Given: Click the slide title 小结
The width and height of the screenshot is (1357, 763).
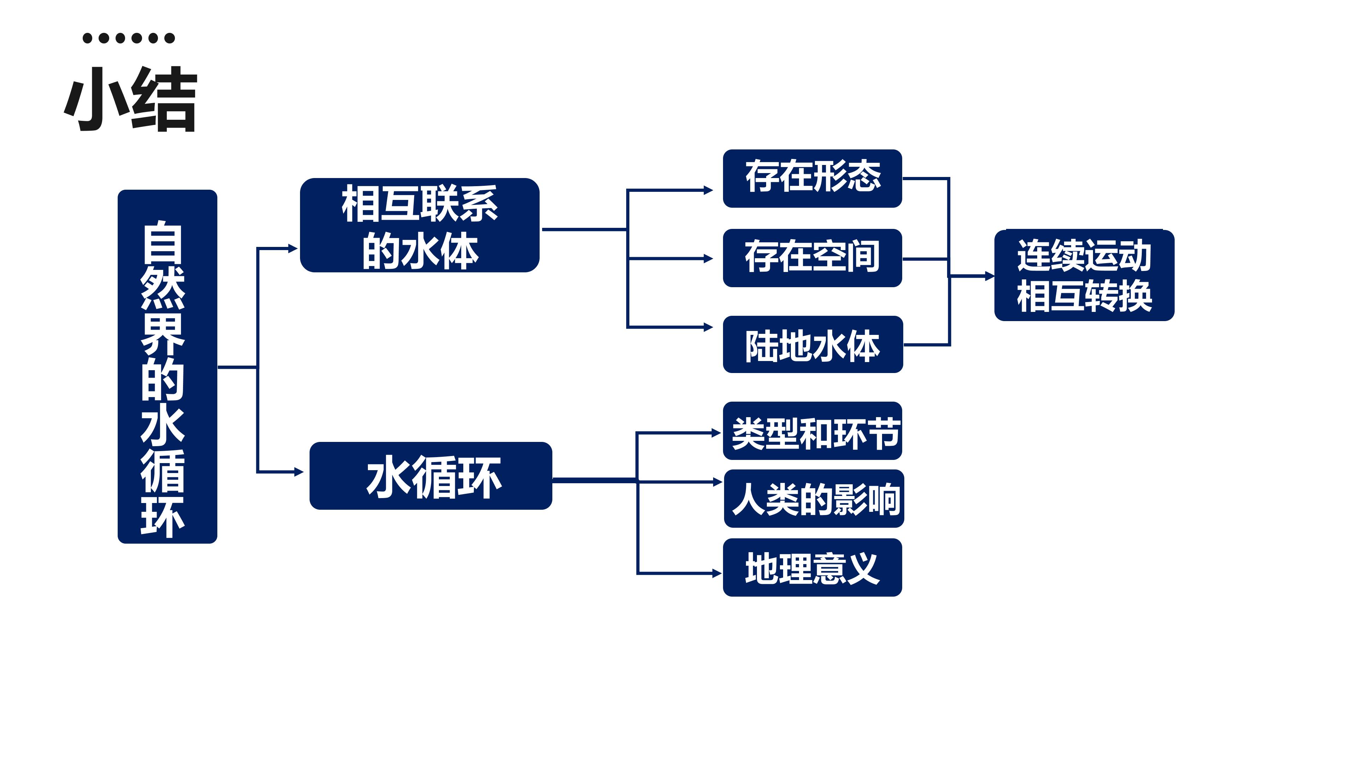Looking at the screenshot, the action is pos(131,99).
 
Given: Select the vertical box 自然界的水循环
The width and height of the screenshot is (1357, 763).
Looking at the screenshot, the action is pos(168,367).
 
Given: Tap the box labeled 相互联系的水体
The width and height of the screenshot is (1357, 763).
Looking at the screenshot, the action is pos(420,225).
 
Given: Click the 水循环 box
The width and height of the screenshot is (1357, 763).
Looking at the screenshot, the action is pos(431,475).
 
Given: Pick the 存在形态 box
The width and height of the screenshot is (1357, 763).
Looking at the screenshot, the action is pos(812,178).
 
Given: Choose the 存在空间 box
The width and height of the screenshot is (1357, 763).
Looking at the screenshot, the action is pos(812,258).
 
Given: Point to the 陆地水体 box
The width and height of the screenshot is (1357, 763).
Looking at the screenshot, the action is pos(813,344).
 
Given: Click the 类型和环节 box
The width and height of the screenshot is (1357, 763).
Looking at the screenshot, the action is pos(812,431).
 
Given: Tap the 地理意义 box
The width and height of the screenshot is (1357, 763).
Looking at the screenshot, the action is pos(812,567).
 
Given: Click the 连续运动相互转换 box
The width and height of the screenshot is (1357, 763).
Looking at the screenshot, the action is pos(1084,276).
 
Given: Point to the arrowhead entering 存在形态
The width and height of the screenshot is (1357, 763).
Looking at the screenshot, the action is pos(709,190).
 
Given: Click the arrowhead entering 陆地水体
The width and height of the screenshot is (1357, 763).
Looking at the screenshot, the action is pos(709,327).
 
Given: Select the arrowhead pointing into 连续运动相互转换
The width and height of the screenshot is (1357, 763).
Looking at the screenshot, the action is pos(990,276).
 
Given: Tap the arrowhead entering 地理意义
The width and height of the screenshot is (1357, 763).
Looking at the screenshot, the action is pos(717,573).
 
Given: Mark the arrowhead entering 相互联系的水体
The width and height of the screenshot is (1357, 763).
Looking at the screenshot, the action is pos(293,248).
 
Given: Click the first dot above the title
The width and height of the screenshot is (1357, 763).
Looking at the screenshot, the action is pos(87,38).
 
